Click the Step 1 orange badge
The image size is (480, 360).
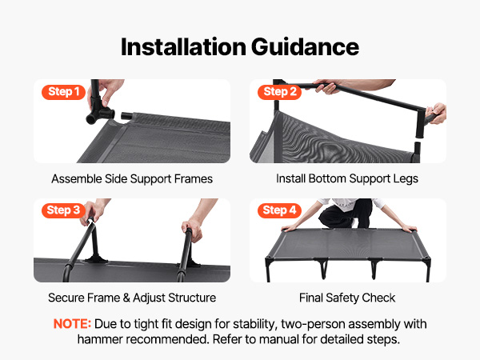coord(63,92)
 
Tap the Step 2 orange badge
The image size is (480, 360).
coord(279,92)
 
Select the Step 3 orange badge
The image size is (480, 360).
coord(63,210)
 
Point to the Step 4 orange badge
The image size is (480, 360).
coord(279,210)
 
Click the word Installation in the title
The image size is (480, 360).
coord(183,47)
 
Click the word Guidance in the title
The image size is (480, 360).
coord(306,47)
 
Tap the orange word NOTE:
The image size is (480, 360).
coord(72,324)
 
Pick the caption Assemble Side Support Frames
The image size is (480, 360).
coord(132,178)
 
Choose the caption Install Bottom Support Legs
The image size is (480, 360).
coord(347,178)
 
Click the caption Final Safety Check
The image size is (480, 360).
coord(347,298)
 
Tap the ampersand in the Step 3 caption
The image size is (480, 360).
coord(126,298)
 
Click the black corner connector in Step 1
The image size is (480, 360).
coord(99,110)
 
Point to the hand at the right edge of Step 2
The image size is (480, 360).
coord(436,114)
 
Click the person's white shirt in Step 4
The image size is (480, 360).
coord(350,203)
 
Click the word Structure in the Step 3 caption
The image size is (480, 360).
coord(192,298)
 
